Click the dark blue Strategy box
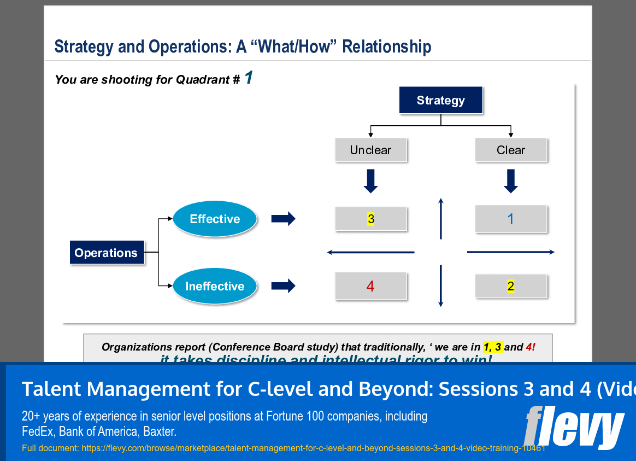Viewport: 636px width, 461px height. tap(440, 100)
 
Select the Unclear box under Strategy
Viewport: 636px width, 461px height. tap(370, 150)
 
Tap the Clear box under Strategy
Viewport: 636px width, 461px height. tap(510, 150)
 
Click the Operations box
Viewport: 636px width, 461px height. tap(107, 253)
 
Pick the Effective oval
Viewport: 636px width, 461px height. tap(215, 219)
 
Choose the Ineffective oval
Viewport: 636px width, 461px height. tap(215, 286)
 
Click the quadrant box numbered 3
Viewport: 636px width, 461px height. tap(370, 219)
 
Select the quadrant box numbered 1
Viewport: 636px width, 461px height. tap(510, 219)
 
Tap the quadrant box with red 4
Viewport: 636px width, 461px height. tap(370, 286)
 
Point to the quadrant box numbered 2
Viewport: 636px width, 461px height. tap(510, 286)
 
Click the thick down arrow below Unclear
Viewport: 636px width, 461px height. tap(370, 181)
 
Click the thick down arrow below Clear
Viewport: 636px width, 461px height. tap(510, 181)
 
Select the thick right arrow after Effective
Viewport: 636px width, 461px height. tap(283, 219)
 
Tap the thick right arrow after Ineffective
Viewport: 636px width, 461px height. tap(283, 286)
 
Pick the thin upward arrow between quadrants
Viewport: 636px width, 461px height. tap(440, 218)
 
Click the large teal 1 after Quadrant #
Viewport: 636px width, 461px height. tap(249, 78)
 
